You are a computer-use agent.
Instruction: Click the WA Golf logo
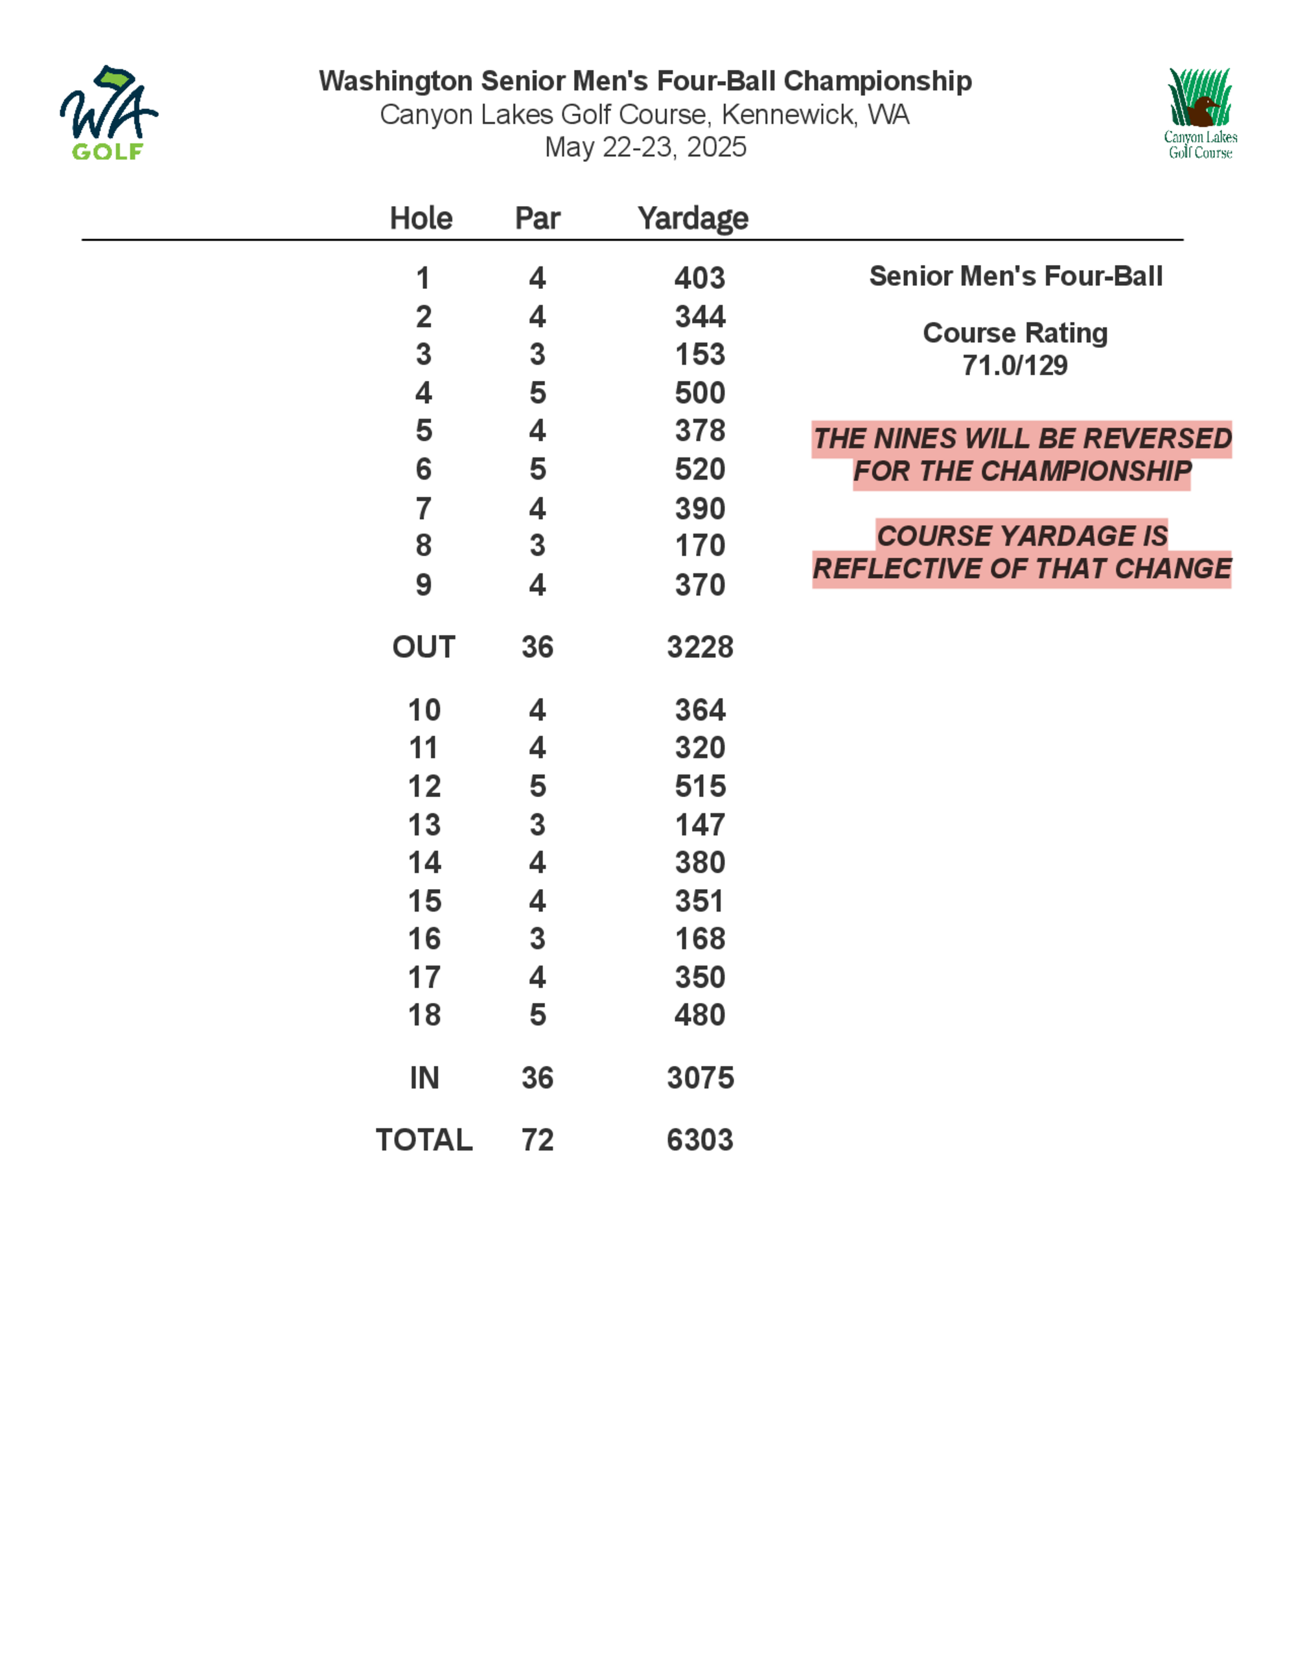pos(108,113)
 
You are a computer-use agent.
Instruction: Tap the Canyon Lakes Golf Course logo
pos(1199,113)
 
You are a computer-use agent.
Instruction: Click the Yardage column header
pos(693,218)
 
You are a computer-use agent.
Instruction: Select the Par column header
pos(537,218)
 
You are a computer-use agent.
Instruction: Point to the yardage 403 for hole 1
pos(699,278)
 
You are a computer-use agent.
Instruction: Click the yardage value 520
pos(699,469)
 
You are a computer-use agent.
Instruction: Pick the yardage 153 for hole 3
pos(699,354)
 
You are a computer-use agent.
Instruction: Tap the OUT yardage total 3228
pos(699,647)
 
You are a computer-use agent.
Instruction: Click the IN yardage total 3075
pos(699,1078)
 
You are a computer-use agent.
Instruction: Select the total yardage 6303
pos(699,1140)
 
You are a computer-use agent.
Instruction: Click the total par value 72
pos(537,1140)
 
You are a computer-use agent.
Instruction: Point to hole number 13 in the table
pos(424,825)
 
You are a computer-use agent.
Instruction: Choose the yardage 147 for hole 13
pos(699,825)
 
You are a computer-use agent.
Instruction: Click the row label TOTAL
pos(424,1140)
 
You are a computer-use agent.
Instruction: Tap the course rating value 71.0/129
pos(1015,365)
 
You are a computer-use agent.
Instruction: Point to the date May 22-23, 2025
pos(645,146)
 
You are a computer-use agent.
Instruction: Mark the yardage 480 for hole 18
pos(699,1015)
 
